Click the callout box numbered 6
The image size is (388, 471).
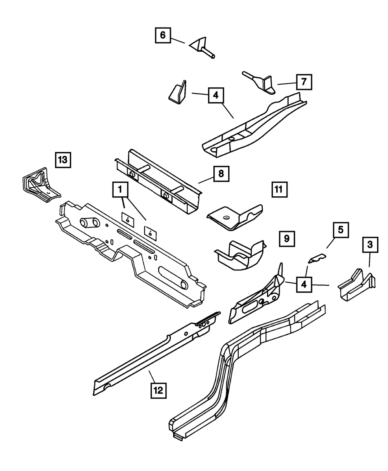coord(162,36)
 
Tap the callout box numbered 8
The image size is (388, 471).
coord(221,173)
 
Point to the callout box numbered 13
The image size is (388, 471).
coord(63,159)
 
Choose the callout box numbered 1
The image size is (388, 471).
coord(120,190)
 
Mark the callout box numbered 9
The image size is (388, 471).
coord(286,238)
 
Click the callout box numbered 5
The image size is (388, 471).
coord(340,230)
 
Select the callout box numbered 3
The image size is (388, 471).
coord(370,244)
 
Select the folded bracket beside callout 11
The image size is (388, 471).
coord(235,215)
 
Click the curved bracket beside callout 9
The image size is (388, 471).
coord(241,256)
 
